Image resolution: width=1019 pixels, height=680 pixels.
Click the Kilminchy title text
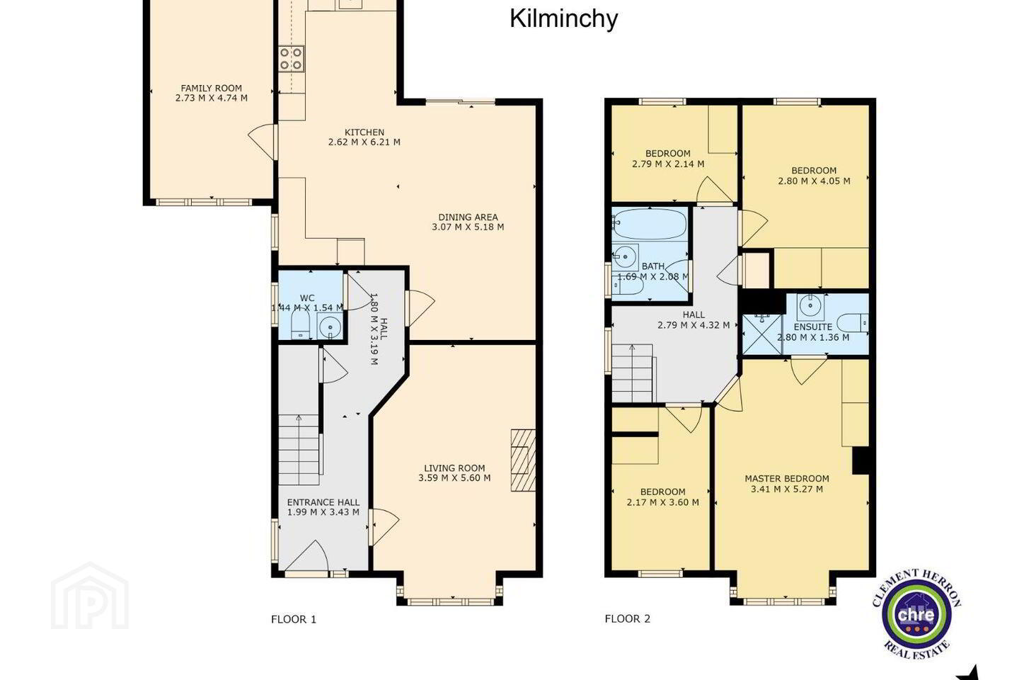pos(563,19)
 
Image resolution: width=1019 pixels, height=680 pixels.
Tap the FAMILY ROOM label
pos(212,88)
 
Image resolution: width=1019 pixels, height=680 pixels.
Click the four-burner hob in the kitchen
pos(292,59)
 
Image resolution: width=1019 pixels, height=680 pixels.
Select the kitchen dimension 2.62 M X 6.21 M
pos(364,142)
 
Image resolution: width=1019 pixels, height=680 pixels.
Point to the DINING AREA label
pos(468,217)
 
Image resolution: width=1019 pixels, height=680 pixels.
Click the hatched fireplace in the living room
pos(523,460)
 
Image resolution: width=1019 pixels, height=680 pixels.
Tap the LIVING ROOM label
pos(454,467)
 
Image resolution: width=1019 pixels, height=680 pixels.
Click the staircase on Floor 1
pos(299,450)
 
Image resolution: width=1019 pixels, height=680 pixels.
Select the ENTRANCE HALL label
pos(323,502)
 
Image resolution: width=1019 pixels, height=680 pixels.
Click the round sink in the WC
pos(329,326)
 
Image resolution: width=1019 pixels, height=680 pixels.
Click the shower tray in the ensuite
pos(762,334)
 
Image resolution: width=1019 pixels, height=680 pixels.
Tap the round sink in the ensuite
pos(810,305)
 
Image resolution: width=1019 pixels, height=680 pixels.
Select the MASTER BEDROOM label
pos(787,479)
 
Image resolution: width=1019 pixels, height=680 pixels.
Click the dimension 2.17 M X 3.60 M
pos(663,502)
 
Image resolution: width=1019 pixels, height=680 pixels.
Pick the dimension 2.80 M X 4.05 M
pos(814,181)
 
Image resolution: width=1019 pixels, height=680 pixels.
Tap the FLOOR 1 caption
pos(294,619)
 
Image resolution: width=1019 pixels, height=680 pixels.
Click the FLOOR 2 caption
pos(627,618)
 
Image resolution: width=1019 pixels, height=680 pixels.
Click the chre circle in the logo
pos(916,614)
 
